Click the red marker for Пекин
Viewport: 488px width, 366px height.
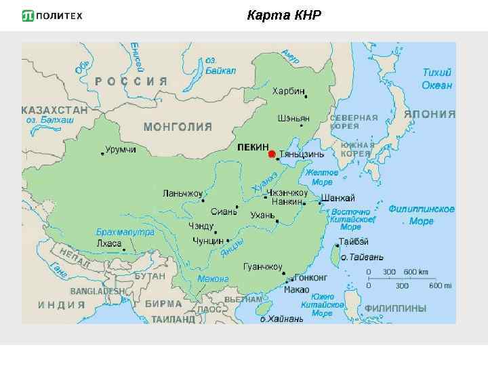click(x=272, y=155)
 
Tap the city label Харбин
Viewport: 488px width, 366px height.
click(x=288, y=91)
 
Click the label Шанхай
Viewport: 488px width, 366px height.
click(x=338, y=197)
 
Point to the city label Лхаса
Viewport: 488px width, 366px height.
click(x=109, y=243)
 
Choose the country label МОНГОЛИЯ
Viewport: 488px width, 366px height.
click(x=178, y=127)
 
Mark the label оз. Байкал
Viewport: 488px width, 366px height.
click(x=220, y=65)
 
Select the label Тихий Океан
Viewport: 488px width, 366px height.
click(x=436, y=79)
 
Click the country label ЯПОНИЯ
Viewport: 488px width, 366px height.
click(x=430, y=115)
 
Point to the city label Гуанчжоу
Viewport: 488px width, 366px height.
click(x=262, y=267)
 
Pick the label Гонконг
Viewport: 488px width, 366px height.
click(x=311, y=278)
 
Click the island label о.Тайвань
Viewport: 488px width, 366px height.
click(x=361, y=258)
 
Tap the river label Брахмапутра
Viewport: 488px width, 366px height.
click(x=125, y=232)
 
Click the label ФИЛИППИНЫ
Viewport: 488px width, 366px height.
click(x=395, y=308)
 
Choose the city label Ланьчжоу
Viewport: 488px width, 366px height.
click(x=182, y=193)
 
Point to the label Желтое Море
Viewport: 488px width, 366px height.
click(x=322, y=178)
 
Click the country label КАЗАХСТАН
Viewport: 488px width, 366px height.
click(x=55, y=109)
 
